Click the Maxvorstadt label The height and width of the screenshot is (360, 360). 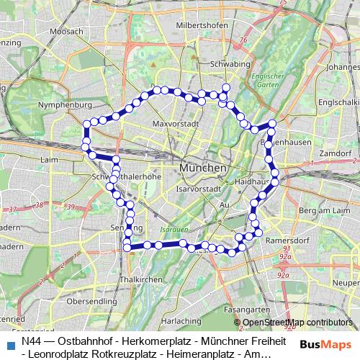click(x=176, y=124)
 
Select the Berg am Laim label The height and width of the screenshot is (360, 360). click(x=318, y=210)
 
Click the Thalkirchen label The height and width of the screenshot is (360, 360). click(x=137, y=278)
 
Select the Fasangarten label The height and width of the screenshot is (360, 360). click(x=241, y=309)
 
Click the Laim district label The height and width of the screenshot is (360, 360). click(x=50, y=159)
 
